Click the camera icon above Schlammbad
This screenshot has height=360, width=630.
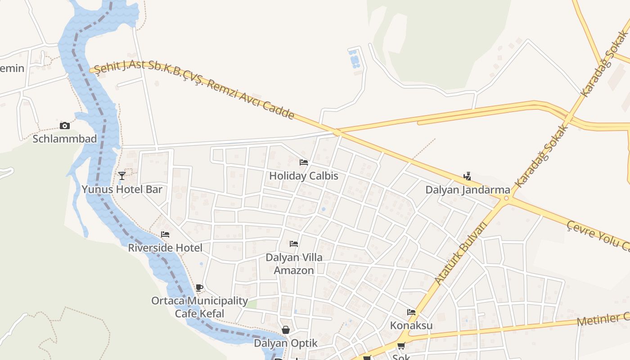(x=65, y=126)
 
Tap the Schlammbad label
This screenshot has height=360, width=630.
(x=65, y=139)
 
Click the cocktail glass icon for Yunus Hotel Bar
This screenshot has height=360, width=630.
(x=121, y=175)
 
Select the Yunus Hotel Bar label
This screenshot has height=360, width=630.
(x=122, y=189)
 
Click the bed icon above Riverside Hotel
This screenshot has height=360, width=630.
(x=165, y=234)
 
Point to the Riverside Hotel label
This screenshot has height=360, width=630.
(x=165, y=248)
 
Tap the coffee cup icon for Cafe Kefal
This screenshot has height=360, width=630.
(x=199, y=288)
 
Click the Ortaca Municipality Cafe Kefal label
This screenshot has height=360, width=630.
(x=199, y=307)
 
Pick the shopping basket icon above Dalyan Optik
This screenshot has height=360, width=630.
(x=285, y=330)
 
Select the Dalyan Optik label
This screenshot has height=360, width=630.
(x=286, y=343)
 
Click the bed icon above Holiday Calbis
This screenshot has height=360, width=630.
(x=304, y=162)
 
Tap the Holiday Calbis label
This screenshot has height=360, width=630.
(x=304, y=176)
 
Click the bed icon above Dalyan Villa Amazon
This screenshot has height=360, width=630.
(x=294, y=244)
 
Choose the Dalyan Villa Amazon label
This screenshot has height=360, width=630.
(x=294, y=264)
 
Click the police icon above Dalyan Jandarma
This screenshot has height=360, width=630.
(x=468, y=176)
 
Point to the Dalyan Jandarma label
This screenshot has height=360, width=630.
(x=468, y=190)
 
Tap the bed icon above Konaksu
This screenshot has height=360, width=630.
(x=411, y=312)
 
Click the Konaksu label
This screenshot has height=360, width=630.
(x=411, y=325)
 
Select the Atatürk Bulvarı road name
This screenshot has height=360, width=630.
(x=461, y=253)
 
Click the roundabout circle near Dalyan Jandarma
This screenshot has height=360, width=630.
(x=506, y=198)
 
